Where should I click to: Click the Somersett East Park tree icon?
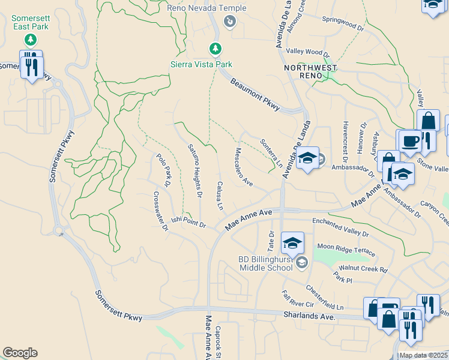[30, 40]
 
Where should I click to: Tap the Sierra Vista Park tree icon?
[215, 48]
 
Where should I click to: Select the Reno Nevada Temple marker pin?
[229, 22]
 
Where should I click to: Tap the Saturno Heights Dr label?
[194, 171]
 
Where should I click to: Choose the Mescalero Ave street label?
[244, 167]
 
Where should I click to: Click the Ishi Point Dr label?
[188, 223]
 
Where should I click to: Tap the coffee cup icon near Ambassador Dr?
[411, 141]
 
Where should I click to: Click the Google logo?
[19, 353]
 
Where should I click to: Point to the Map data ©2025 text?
[423, 355]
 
